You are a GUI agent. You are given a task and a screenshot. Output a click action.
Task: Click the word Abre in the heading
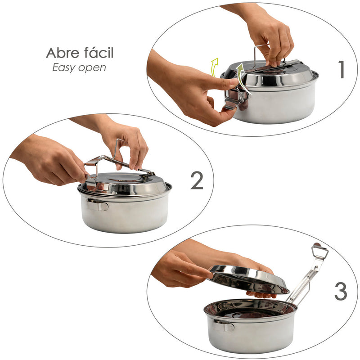click(x=60, y=53)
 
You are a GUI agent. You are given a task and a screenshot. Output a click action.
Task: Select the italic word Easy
click(x=63, y=68)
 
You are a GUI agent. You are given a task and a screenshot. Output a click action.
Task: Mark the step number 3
click(x=341, y=292)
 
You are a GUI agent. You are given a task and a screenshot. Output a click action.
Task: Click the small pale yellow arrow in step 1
click(x=215, y=65)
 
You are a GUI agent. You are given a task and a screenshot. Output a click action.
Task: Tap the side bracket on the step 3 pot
click(x=223, y=325)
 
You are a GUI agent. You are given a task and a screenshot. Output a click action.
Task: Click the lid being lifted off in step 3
click(x=247, y=279)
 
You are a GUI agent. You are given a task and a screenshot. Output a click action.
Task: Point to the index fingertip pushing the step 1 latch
click(x=235, y=83)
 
